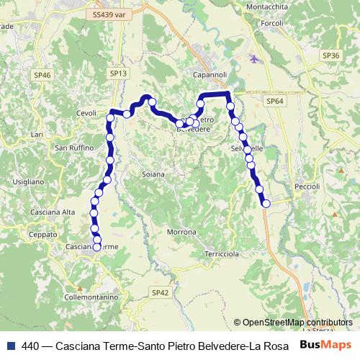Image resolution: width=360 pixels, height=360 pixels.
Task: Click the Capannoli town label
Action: click(210, 73)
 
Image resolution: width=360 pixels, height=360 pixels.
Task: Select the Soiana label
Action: click(153, 174)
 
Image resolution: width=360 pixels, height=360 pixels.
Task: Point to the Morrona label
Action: click(181, 233)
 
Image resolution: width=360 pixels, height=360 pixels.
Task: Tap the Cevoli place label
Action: click(86, 113)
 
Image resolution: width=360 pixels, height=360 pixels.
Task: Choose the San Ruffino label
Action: click(72, 148)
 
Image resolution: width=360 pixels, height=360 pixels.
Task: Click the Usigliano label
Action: click(28, 182)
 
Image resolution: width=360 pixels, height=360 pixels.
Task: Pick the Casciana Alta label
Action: click(53, 212)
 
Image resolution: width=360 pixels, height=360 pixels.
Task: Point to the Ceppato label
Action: click(44, 235)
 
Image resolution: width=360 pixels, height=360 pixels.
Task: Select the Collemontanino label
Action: click(91, 297)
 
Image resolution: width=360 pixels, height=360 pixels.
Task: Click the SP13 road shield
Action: click(119, 73)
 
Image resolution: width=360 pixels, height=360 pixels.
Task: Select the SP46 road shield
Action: click(42, 75)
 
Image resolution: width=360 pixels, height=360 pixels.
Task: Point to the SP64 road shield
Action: click(274, 102)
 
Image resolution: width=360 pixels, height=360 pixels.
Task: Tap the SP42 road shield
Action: click(160, 292)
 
